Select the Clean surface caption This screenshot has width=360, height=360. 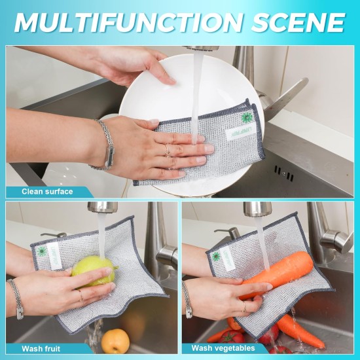click(x=46, y=191)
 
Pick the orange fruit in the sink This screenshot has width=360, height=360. click(x=115, y=340)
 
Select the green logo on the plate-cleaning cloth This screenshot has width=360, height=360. click(x=247, y=118)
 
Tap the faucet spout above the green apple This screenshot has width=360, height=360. click(x=103, y=207)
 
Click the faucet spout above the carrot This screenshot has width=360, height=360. click(x=257, y=209)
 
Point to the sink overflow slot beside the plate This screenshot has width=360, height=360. click(x=283, y=171)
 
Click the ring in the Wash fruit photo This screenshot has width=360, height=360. click(x=81, y=297)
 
